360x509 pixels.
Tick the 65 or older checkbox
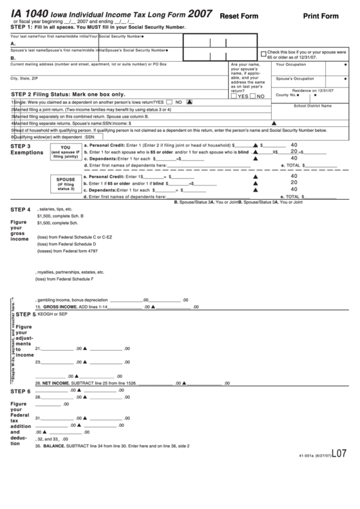click(x=264, y=54)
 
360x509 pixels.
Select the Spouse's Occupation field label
click(x=295, y=79)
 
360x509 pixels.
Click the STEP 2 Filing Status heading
click(x=68, y=94)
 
